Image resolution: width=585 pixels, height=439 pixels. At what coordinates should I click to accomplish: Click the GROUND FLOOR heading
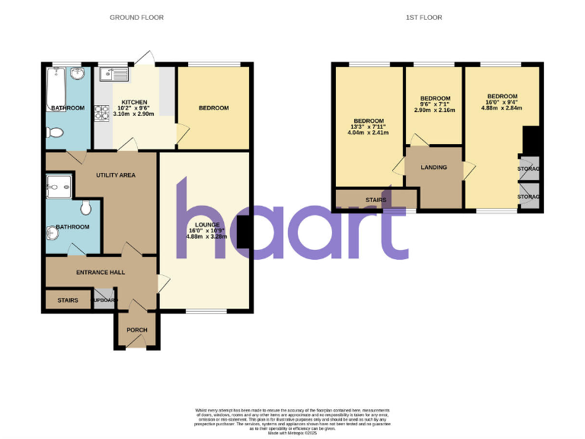click(136, 17)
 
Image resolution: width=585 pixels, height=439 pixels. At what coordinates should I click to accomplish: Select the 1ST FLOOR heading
click(424, 17)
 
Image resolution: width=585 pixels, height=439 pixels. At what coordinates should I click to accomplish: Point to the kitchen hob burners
click(102, 113)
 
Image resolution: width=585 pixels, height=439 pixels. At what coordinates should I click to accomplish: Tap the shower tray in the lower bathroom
click(59, 186)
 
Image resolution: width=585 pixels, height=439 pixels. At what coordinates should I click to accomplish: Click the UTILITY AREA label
click(116, 175)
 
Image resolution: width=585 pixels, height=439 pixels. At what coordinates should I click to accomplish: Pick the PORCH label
click(137, 330)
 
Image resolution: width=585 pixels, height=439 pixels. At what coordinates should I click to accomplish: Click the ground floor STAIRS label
click(68, 300)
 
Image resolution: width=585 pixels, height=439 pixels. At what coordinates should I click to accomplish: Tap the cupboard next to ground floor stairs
click(104, 300)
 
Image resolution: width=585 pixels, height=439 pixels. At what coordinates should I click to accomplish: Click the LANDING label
click(434, 168)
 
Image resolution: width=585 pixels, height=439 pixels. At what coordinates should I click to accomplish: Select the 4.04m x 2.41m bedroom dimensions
click(368, 133)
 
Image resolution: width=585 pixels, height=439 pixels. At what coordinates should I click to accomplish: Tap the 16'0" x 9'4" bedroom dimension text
click(501, 101)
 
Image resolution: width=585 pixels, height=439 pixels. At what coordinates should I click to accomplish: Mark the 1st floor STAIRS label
click(376, 200)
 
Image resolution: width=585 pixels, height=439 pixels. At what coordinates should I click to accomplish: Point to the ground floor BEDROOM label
click(213, 108)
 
